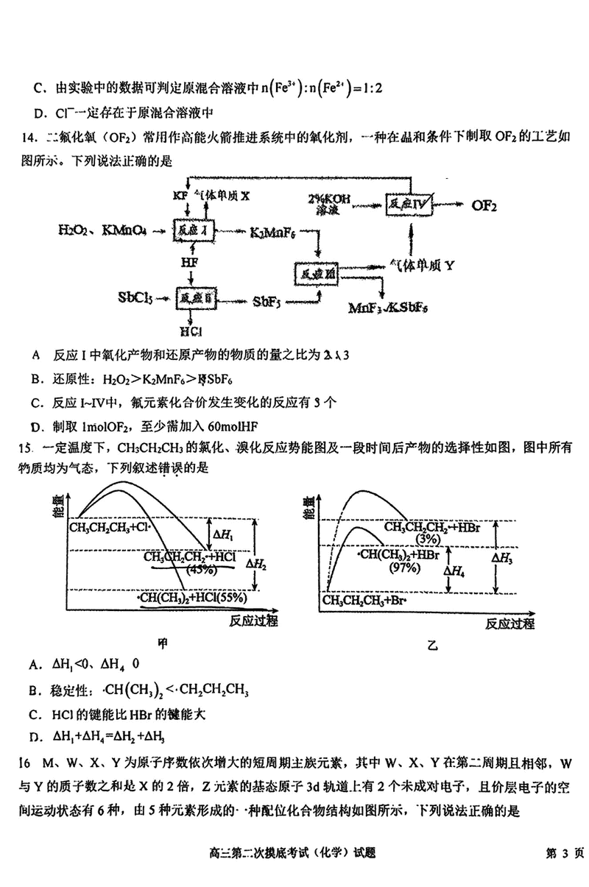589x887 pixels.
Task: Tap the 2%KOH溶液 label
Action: click(329, 205)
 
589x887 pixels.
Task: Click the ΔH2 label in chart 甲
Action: click(255, 563)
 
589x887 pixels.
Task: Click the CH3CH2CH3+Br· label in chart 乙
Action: click(364, 600)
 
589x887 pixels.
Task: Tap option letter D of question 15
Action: click(34, 736)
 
